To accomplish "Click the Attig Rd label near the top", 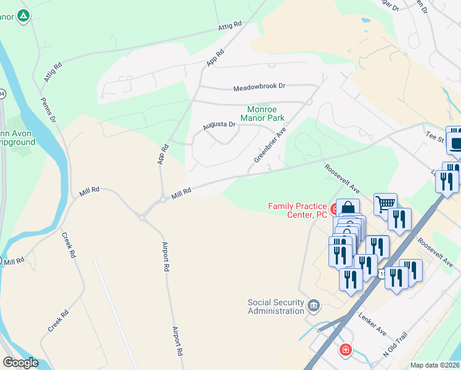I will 229,27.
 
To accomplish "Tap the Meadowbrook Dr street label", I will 259,88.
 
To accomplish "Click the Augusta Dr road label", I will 219,125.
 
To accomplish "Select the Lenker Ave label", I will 372,323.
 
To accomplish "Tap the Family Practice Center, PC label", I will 297,210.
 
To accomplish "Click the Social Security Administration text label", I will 276,306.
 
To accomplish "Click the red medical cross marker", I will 346,350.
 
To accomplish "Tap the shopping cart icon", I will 385,203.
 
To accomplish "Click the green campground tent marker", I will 23,15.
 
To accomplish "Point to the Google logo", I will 20,363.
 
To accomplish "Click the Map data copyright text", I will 434,365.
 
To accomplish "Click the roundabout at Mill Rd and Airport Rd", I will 143,216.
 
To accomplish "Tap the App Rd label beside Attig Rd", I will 215,58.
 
